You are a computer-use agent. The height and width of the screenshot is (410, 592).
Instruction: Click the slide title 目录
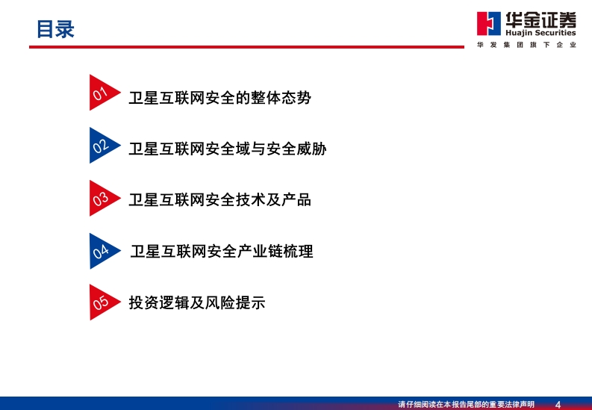pyautogui.click(x=55, y=29)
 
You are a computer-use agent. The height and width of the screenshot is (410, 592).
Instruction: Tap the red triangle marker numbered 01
pyautogui.click(x=102, y=93)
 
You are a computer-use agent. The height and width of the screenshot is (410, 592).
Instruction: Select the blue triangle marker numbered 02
pyautogui.click(x=102, y=146)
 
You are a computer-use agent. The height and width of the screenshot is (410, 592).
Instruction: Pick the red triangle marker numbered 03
pyautogui.click(x=102, y=198)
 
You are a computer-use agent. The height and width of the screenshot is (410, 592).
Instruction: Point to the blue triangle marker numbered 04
pyautogui.click(x=102, y=251)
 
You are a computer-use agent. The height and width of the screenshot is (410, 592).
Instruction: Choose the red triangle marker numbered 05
pyautogui.click(x=102, y=302)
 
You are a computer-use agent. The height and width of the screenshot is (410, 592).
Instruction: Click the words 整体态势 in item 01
pyautogui.click(x=281, y=98)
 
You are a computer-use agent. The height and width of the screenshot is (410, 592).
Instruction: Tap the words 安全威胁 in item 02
pyautogui.click(x=296, y=149)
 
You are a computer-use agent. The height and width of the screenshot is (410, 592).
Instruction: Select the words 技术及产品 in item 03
pyautogui.click(x=273, y=199)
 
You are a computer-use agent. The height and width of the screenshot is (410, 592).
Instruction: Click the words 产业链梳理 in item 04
pyautogui.click(x=275, y=251)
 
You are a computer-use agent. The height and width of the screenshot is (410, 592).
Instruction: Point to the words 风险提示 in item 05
pyautogui.click(x=235, y=302)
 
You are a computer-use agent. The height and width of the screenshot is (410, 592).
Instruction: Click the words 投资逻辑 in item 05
pyautogui.click(x=159, y=302)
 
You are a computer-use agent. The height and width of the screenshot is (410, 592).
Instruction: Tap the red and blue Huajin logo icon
pyautogui.click(x=488, y=23)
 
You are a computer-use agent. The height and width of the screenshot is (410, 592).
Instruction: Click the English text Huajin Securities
pyautogui.click(x=540, y=33)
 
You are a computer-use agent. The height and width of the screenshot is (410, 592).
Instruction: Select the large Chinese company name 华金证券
pyautogui.click(x=541, y=19)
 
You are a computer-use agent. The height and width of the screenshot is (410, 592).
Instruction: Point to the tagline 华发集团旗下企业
pyautogui.click(x=527, y=45)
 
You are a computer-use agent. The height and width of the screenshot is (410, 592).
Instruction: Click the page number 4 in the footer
pyautogui.click(x=558, y=404)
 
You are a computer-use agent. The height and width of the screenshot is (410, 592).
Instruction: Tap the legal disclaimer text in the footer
pyautogui.click(x=467, y=404)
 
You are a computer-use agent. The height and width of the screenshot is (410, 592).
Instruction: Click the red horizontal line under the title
pyautogui.click(x=246, y=47)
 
